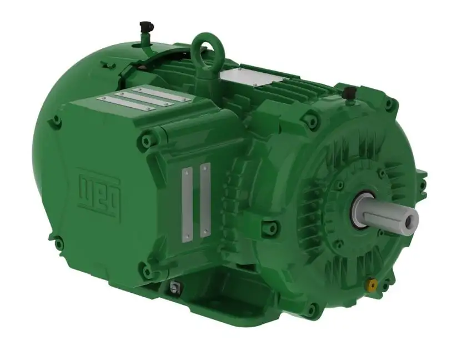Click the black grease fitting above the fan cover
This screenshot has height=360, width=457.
coord(146,26)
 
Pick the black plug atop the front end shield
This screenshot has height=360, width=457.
coord(349,92)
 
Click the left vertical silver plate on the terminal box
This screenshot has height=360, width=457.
coord(187,203)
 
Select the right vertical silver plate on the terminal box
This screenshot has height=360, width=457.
coord(205,200)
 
